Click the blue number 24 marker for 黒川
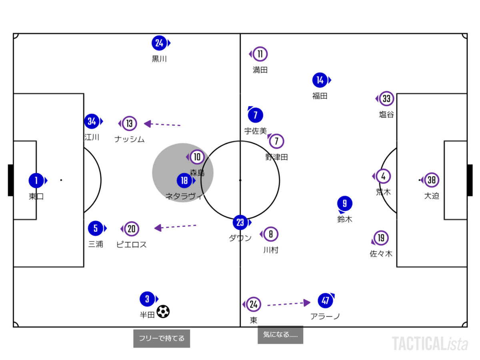(x=159, y=43)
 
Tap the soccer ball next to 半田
(x=163, y=311)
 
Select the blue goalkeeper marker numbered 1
(x=36, y=180)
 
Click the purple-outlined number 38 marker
(x=431, y=180)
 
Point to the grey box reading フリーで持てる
(x=162, y=338)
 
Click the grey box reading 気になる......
(x=280, y=335)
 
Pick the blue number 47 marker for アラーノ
(x=325, y=300)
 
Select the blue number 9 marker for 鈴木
(x=345, y=204)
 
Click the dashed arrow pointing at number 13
(x=162, y=124)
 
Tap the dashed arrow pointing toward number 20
(x=175, y=227)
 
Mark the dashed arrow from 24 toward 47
(x=289, y=304)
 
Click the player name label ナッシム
(x=130, y=139)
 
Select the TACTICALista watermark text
(x=430, y=344)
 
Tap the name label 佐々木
(x=381, y=254)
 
